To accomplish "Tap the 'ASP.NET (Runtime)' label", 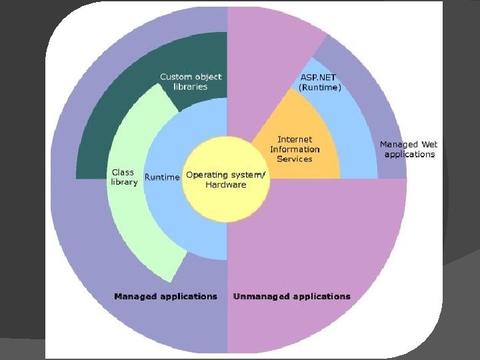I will pyautogui.click(x=320, y=82).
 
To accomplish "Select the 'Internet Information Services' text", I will pyautogui.click(x=295, y=149).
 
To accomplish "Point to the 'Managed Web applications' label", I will pyautogui.click(x=408, y=149).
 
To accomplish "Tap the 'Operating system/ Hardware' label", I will pyautogui.click(x=225, y=180).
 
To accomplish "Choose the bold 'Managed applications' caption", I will pyautogui.click(x=165, y=296).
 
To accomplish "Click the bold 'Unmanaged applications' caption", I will pyautogui.click(x=291, y=296).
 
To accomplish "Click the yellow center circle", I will pyautogui.click(x=227, y=200).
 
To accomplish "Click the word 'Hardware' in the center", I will pyautogui.click(x=225, y=185).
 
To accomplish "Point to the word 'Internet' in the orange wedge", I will pyautogui.click(x=295, y=140).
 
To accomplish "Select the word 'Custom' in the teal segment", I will pyautogui.click(x=175, y=77).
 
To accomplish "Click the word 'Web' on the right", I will pyautogui.click(x=429, y=144).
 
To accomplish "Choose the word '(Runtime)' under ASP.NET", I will pyautogui.click(x=320, y=87).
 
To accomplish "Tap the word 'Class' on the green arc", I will pyautogui.click(x=123, y=173).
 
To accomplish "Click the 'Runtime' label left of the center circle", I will pyautogui.click(x=162, y=177).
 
